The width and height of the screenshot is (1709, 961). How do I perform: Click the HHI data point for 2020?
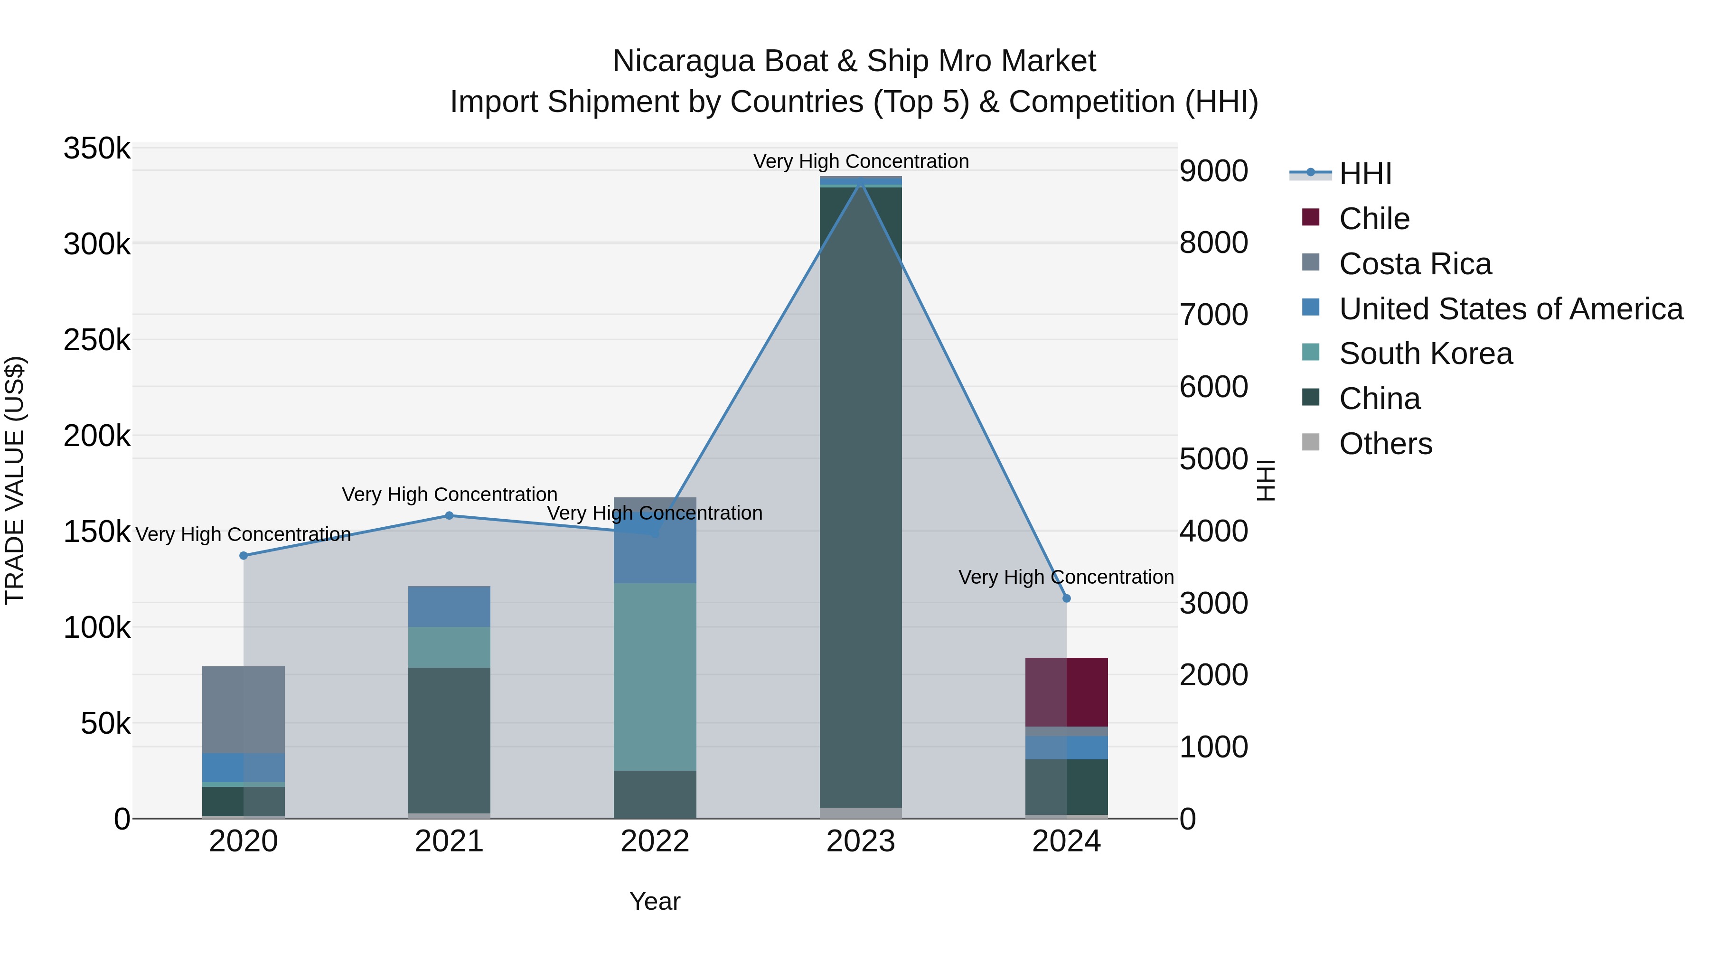coord(244,556)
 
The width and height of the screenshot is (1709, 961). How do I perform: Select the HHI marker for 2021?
coord(449,515)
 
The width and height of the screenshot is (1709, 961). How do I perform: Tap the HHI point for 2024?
coord(1066,598)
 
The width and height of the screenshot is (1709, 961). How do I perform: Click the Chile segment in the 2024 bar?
coord(1066,692)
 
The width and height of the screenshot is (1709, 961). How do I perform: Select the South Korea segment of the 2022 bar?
coord(655,676)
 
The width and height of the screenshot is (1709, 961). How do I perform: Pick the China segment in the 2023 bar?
coord(861,497)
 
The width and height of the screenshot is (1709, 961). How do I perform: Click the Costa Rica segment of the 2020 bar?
coord(244,709)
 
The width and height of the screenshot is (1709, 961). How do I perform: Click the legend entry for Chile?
coord(1373,219)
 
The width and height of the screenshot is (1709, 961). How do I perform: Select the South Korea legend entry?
coord(1425,354)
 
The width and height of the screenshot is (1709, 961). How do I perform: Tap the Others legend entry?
coord(1385,444)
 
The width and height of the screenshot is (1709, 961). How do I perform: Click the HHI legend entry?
coord(1365,174)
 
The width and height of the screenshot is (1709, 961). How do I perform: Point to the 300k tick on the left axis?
coord(97,244)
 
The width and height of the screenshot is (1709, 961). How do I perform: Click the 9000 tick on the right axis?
coord(1213,171)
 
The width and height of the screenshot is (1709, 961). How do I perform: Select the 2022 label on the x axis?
coord(655,841)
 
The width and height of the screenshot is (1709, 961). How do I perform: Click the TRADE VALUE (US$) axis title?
coord(15,480)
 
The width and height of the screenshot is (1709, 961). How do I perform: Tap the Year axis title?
coord(655,901)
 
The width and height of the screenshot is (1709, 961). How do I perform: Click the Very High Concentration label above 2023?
coord(861,161)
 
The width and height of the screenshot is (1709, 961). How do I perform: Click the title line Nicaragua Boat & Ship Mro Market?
coord(854,61)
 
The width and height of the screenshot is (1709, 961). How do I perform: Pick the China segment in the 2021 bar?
coord(449,739)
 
